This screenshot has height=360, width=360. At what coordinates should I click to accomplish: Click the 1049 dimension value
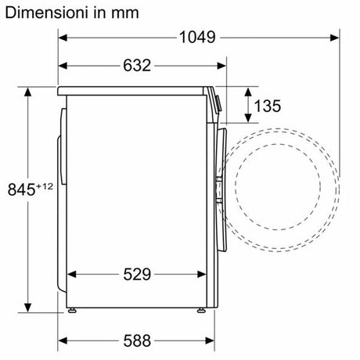pos(197,37)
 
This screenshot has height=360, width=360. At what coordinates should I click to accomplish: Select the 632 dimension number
pos(137,65)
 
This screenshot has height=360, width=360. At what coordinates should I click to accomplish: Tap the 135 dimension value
pos(268,106)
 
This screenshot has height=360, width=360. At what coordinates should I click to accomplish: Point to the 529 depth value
pos(137,274)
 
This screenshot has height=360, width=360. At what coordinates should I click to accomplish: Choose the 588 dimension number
pos(137,340)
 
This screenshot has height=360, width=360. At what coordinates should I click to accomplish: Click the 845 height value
pos(21,189)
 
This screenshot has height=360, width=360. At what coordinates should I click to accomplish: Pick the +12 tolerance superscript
pos(45,186)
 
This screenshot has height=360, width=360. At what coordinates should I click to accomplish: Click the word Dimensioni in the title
pos(46,13)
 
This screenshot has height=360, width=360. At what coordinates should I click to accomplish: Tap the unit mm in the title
pos(125,14)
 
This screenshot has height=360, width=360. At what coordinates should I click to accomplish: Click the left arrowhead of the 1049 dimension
pos(63,38)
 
